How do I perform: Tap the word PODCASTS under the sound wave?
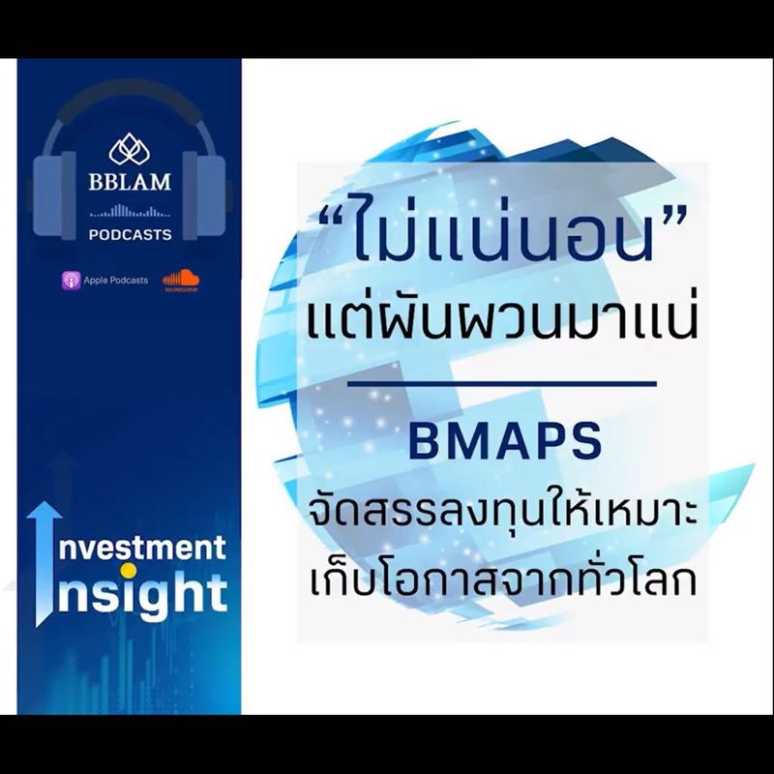130,234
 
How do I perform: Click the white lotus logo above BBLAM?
130,150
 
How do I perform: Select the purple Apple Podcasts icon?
71,280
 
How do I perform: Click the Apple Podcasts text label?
115,280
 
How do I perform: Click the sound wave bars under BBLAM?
130,210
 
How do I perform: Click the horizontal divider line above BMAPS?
501,384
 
